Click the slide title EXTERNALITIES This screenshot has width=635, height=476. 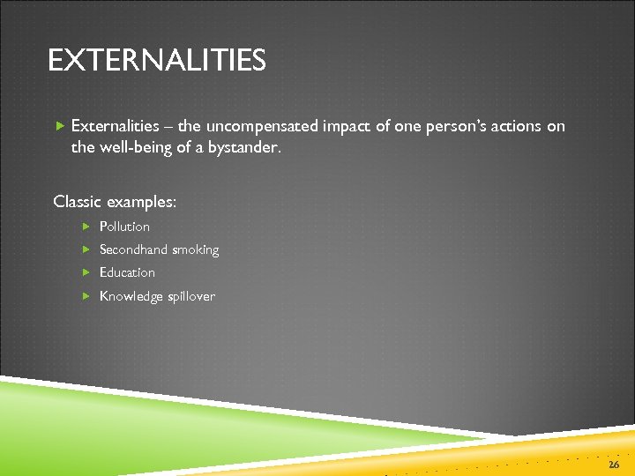point(156,61)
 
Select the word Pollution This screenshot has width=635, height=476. point(124,227)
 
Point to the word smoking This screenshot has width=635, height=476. point(196,250)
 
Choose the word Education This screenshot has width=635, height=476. point(127,272)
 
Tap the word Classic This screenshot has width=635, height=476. point(78,202)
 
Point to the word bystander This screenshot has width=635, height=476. point(244,148)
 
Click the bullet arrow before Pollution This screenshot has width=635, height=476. point(86,227)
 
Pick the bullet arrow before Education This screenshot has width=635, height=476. point(86,272)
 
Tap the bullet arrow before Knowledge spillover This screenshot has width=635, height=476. point(86,296)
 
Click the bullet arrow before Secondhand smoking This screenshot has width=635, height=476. point(86,249)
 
